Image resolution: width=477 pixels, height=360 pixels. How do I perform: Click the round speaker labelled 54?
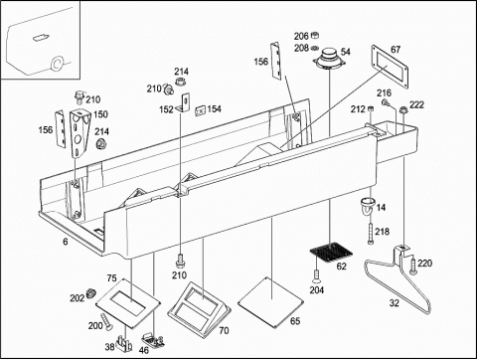coord(330,59)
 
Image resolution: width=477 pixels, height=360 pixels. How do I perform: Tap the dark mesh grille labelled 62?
coord(331,251)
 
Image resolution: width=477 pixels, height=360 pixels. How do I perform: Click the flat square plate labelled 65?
coord(270,302)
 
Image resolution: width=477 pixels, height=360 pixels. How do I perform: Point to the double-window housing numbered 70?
coord(199,305)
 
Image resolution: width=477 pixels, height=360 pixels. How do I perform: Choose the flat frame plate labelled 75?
coord(128,302)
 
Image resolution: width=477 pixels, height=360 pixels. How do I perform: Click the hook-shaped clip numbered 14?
coord(368,206)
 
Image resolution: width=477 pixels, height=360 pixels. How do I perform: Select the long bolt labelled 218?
coord(371,234)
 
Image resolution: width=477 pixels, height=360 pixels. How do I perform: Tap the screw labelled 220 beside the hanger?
coord(412,266)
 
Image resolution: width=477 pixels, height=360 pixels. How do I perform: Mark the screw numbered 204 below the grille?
coord(316,274)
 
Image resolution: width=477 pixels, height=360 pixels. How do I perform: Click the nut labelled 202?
coord(90,293)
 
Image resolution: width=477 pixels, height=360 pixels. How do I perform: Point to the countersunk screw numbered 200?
coord(106,321)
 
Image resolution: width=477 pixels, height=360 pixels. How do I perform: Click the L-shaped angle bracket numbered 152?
coord(183,103)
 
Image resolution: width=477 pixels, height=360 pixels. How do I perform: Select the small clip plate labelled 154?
coord(201,111)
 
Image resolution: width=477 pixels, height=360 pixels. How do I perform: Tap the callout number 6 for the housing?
coord(66,242)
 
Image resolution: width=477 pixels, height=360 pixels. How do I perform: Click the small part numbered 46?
coord(153,340)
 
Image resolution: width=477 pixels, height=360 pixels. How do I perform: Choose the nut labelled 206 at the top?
coord(316,35)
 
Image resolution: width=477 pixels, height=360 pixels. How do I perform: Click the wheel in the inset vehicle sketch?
coord(57,63)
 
